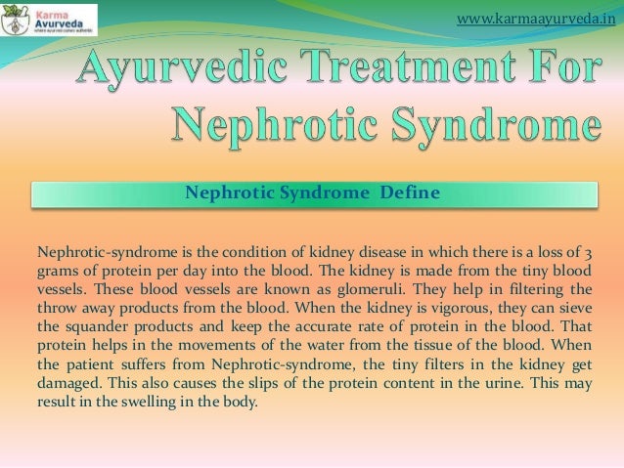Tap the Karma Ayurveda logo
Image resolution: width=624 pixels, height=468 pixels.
tap(49, 20)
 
